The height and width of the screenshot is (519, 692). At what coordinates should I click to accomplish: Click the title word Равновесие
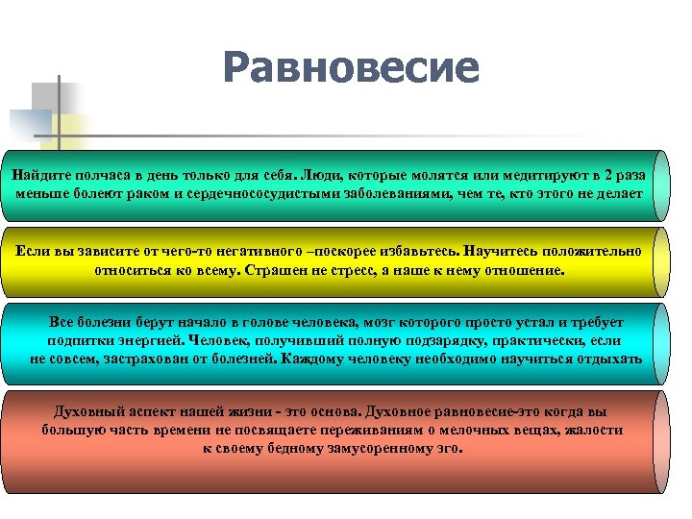coord(350,68)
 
